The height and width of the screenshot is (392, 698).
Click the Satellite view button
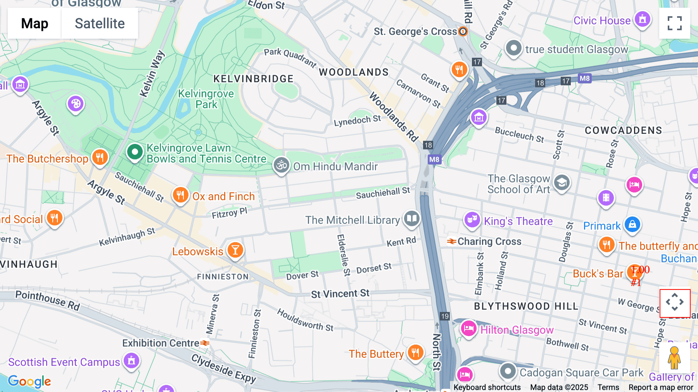click(x=100, y=24)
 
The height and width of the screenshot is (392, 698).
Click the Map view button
click(x=35, y=24)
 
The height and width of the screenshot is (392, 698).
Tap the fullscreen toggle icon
click(x=674, y=23)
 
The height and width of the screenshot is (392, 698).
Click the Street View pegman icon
click(x=674, y=358)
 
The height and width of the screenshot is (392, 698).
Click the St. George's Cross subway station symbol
click(x=463, y=31)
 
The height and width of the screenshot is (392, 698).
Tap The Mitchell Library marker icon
click(x=411, y=219)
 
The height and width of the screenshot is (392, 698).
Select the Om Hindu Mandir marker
click(x=282, y=165)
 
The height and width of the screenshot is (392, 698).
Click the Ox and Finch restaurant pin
click(x=180, y=195)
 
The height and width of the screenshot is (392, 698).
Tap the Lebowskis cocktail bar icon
click(x=235, y=250)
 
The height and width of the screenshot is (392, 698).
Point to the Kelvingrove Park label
click(x=206, y=99)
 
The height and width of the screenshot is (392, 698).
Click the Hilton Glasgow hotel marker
click(x=468, y=329)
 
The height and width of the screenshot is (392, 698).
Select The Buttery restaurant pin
click(x=415, y=352)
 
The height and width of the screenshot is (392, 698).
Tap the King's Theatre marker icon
click(x=472, y=220)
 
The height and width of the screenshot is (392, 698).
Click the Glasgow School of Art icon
click(x=562, y=183)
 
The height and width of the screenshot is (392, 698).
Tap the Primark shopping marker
click(x=632, y=224)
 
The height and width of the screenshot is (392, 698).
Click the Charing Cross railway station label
click(x=489, y=241)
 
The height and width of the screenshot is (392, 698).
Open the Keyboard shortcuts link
click(x=487, y=387)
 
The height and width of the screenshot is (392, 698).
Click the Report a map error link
click(x=660, y=387)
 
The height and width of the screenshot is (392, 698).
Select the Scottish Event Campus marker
click(x=131, y=361)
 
